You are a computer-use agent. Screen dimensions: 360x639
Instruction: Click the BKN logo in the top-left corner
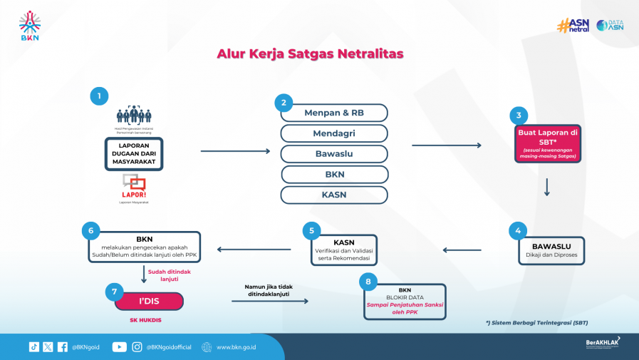[x=30, y=26]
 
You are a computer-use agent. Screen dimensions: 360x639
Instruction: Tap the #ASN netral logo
[x=573, y=26]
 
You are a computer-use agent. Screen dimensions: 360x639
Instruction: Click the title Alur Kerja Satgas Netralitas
[x=310, y=53]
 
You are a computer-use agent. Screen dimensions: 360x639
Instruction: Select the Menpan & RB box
[x=334, y=113]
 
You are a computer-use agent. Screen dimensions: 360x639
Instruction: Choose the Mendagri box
[x=334, y=133]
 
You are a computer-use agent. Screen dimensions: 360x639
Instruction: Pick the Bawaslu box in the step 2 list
[x=334, y=154]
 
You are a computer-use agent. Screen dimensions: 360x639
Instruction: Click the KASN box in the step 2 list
[x=334, y=195]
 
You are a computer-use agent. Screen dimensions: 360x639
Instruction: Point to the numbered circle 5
[x=311, y=230]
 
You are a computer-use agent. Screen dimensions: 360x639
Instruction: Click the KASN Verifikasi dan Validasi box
[x=343, y=250]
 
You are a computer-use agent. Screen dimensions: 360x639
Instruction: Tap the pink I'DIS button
[x=149, y=302]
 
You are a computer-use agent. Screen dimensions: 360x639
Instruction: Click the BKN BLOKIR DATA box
[x=405, y=301]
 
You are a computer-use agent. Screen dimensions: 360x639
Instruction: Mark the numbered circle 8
[x=368, y=282]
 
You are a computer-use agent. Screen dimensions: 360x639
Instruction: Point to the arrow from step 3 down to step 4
[x=547, y=187]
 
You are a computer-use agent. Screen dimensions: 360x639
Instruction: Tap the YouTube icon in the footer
[x=119, y=347]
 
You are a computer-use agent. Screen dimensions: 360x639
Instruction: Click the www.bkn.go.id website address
[x=236, y=347]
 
